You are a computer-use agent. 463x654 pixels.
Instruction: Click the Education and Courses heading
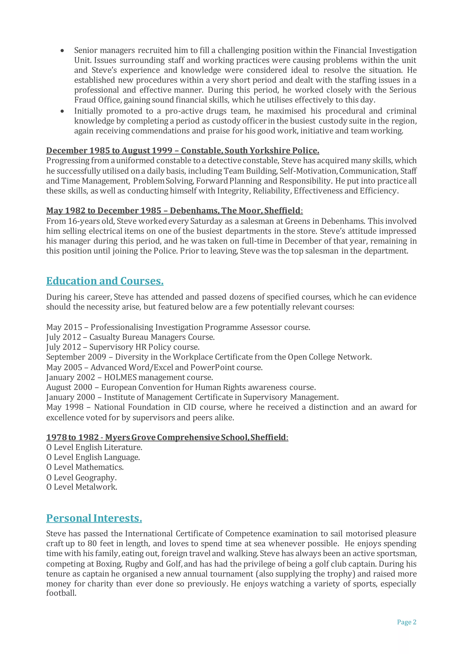click(x=105, y=281)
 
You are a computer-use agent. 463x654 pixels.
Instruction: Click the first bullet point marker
click(x=62, y=51)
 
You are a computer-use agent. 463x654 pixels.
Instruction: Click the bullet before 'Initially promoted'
click(x=62, y=111)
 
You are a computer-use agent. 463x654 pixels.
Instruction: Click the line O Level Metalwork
click(x=82, y=487)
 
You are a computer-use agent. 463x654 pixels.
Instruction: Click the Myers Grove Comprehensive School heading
click(x=167, y=437)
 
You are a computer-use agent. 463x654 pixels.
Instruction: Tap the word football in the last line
click(x=61, y=593)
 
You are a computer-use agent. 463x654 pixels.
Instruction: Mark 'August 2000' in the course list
click(x=69, y=387)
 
